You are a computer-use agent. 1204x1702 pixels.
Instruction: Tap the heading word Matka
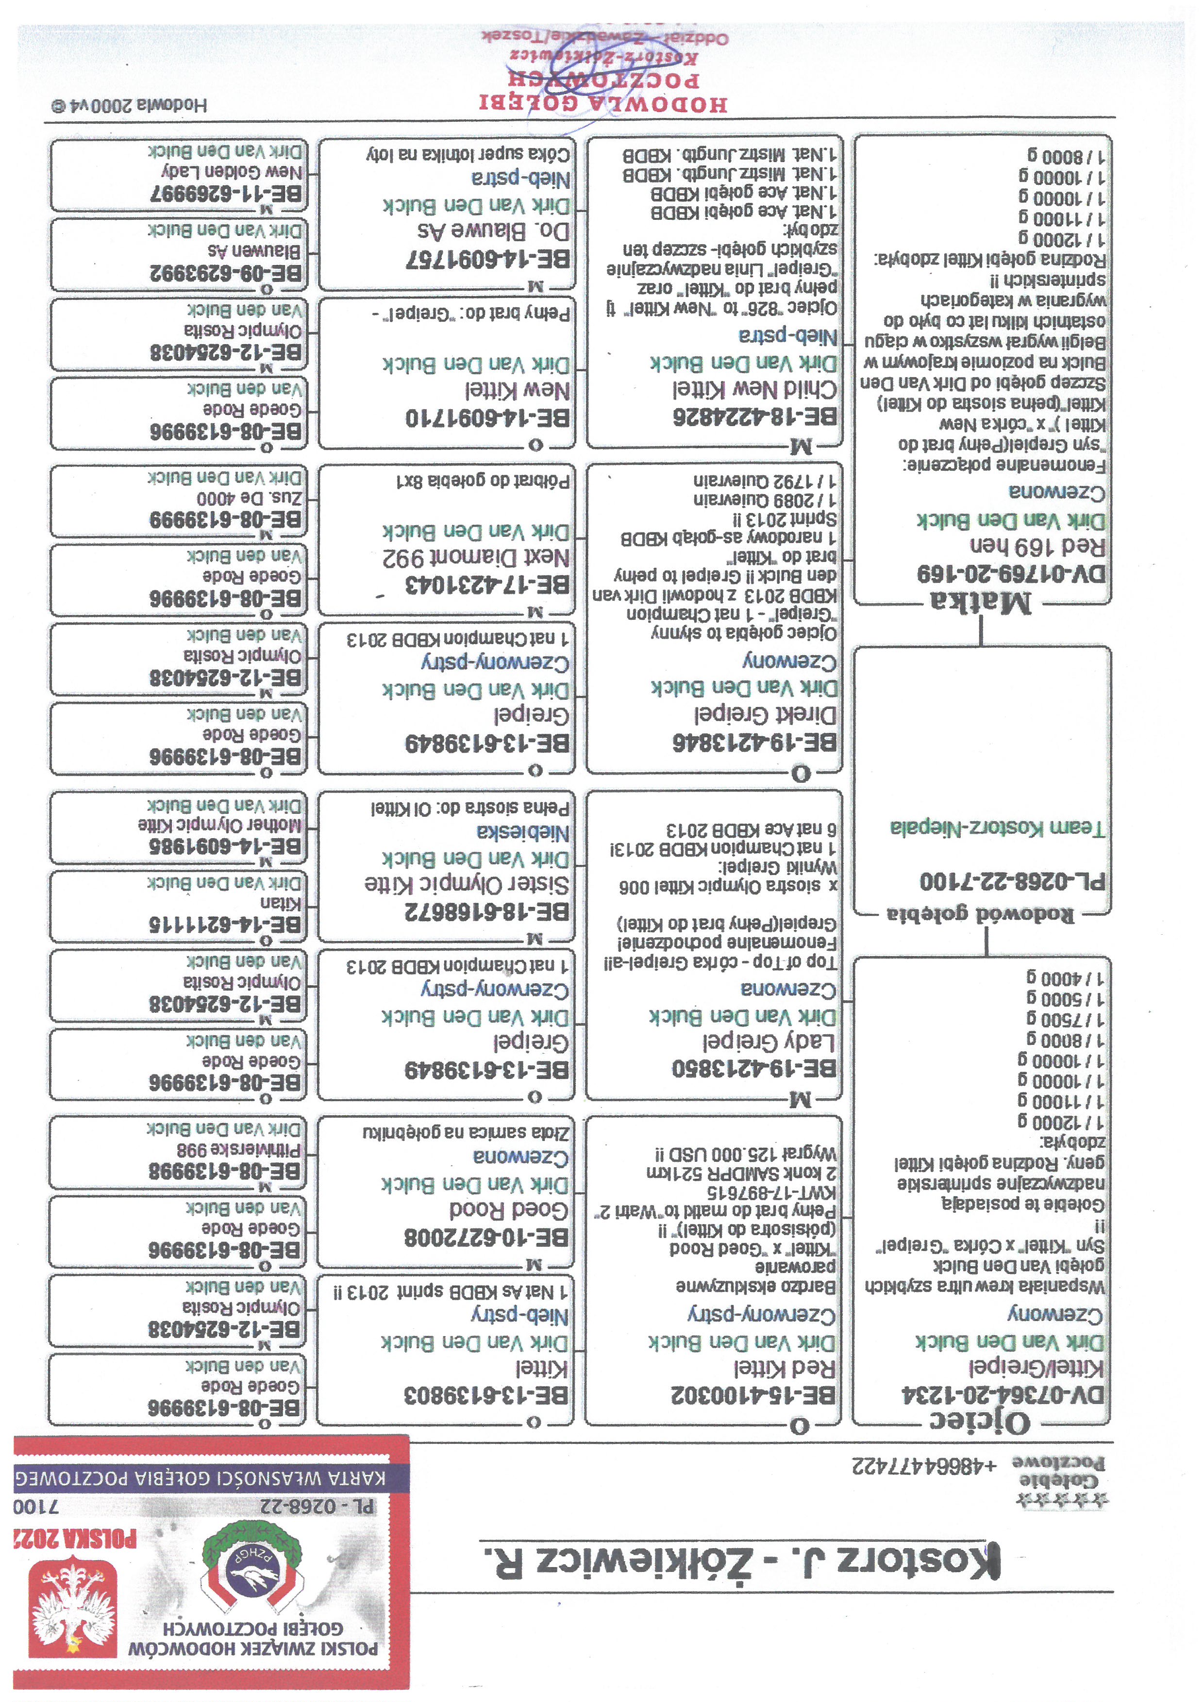980,602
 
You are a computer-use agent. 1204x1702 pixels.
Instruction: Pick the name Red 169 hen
1037,546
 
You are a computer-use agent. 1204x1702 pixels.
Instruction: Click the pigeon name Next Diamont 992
476,558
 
